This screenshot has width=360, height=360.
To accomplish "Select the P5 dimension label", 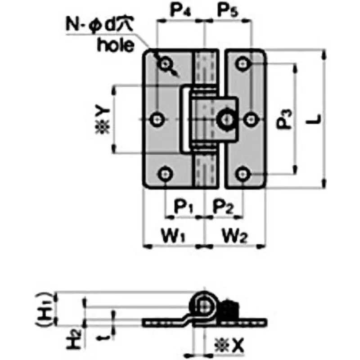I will click(x=228, y=10).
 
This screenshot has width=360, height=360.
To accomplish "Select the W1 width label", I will click(x=174, y=235).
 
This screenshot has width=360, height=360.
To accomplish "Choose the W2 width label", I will click(x=234, y=235).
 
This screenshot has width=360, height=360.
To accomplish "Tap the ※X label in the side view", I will click(x=232, y=345).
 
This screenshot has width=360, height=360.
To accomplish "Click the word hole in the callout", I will click(x=116, y=45).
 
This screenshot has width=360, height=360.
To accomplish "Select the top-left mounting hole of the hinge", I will click(x=165, y=63).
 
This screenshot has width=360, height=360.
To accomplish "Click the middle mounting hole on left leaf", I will click(x=157, y=119).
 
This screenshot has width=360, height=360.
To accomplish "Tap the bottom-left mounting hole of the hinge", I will click(x=165, y=173).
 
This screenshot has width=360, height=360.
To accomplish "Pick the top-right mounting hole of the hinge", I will click(x=243, y=63).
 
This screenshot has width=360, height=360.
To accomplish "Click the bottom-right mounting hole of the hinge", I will click(x=243, y=173).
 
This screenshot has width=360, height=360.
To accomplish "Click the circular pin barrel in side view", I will click(x=206, y=306).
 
